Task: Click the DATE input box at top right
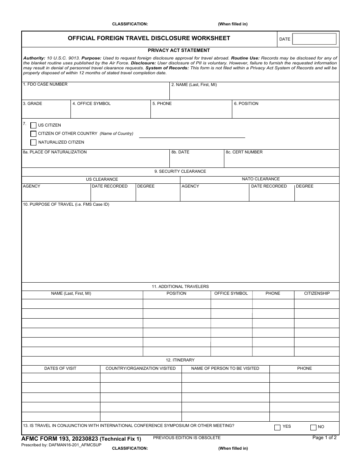(314, 39)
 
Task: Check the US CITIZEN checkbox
(33, 125)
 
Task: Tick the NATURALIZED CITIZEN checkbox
(33, 142)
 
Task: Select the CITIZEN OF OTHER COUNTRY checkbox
(33, 134)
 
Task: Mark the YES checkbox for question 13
(277, 427)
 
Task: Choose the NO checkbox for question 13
(313, 427)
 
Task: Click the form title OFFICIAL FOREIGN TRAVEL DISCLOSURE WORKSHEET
(149, 38)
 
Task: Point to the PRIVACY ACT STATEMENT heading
(179, 50)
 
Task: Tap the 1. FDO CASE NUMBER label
(45, 84)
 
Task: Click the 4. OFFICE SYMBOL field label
(91, 104)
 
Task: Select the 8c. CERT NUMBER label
(244, 152)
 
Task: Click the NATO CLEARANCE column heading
(261, 179)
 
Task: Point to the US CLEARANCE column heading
(102, 180)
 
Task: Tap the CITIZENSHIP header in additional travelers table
(317, 294)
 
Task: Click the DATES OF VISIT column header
(60, 369)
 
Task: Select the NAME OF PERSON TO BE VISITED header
(225, 369)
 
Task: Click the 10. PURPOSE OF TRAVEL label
(66, 205)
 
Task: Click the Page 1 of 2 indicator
(324, 438)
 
